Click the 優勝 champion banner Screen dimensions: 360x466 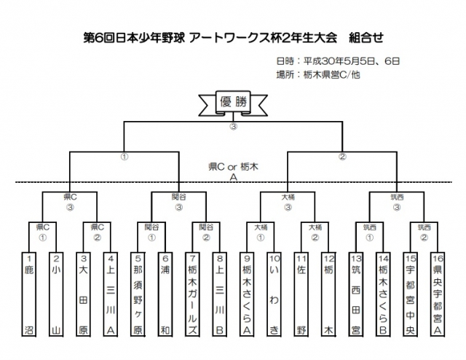click(x=234, y=102)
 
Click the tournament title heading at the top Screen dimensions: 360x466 click(x=233, y=36)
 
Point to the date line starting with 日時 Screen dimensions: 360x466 click(x=338, y=61)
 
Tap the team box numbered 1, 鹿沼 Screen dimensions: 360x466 click(x=30, y=295)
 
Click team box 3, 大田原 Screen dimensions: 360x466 click(x=84, y=295)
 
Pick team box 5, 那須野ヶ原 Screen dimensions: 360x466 click(x=139, y=295)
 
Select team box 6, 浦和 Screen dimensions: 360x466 click(x=166, y=295)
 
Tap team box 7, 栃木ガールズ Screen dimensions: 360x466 click(x=193, y=295)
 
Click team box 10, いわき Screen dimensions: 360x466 click(x=275, y=295)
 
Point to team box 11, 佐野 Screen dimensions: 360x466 click(x=301, y=295)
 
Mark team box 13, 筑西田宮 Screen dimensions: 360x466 click(x=356, y=295)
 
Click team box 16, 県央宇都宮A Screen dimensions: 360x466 click(x=438, y=295)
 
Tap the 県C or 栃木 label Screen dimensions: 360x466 click(x=234, y=167)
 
